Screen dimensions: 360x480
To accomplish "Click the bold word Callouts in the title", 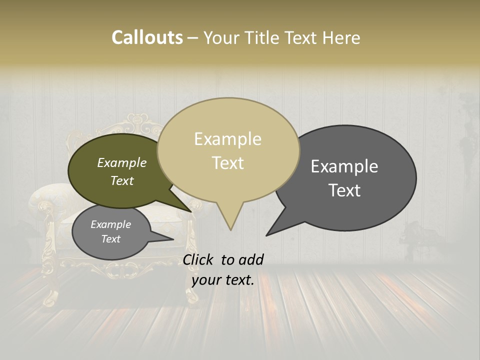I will pyautogui.click(x=147, y=37).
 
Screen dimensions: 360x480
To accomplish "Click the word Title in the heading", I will pyautogui.click(x=264, y=37).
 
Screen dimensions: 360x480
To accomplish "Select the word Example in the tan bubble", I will pyautogui.click(x=227, y=139).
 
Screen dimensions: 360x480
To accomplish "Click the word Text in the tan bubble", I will pyautogui.click(x=227, y=163).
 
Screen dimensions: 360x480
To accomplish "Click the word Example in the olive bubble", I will pyautogui.click(x=122, y=162).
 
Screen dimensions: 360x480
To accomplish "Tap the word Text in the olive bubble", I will pyautogui.click(x=122, y=180).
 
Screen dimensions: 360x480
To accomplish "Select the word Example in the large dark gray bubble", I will pyautogui.click(x=344, y=166).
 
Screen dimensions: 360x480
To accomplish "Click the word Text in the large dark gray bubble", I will pyautogui.click(x=344, y=190).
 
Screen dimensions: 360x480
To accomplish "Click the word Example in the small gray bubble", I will pyautogui.click(x=110, y=224).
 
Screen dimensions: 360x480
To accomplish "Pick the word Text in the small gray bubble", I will pyautogui.click(x=110, y=239).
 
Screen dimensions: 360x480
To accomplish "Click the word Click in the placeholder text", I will pyautogui.click(x=199, y=259).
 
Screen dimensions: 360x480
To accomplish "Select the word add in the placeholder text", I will pyautogui.click(x=251, y=259).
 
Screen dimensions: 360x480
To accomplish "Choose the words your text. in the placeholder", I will pyautogui.click(x=223, y=280).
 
